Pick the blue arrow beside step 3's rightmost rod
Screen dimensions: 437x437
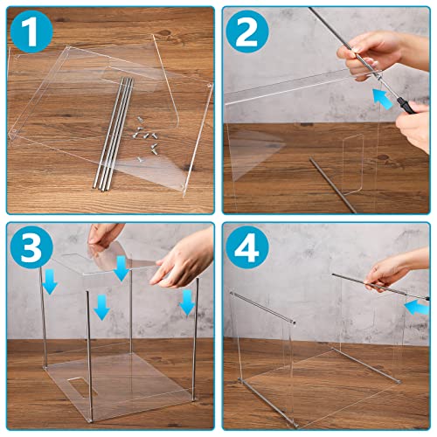pos(184,302)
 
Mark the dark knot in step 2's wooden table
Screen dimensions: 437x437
pos(382,156)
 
